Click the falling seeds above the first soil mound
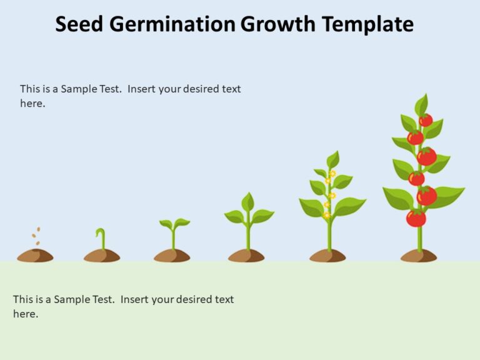pyautogui.click(x=37, y=236)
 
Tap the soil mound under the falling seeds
pyautogui.click(x=35, y=255)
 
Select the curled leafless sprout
pyautogui.click(x=101, y=238)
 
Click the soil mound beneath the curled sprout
pyautogui.click(x=102, y=255)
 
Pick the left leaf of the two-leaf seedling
pyautogui.click(x=166, y=224)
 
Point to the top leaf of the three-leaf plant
pyautogui.click(x=248, y=201)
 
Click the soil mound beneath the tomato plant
pyautogui.click(x=419, y=255)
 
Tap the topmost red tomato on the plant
pyautogui.click(x=426, y=120)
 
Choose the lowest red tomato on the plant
pyautogui.click(x=416, y=218)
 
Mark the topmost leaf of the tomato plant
pyautogui.click(x=422, y=104)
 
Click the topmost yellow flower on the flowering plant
pyautogui.click(x=332, y=174)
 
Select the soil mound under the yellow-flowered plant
pyautogui.click(x=327, y=255)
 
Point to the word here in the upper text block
pyautogui.click(x=32, y=104)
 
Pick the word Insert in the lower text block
pyautogui.click(x=136, y=299)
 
